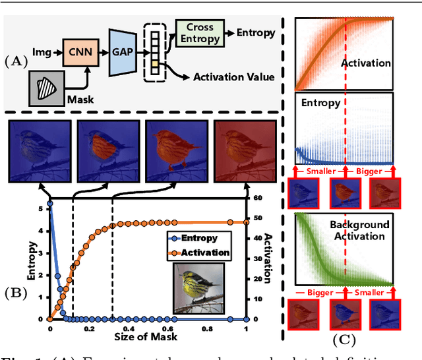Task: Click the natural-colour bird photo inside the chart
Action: [x=198, y=287]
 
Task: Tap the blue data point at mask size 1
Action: [x=246, y=319]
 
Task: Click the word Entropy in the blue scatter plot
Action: [x=320, y=104]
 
